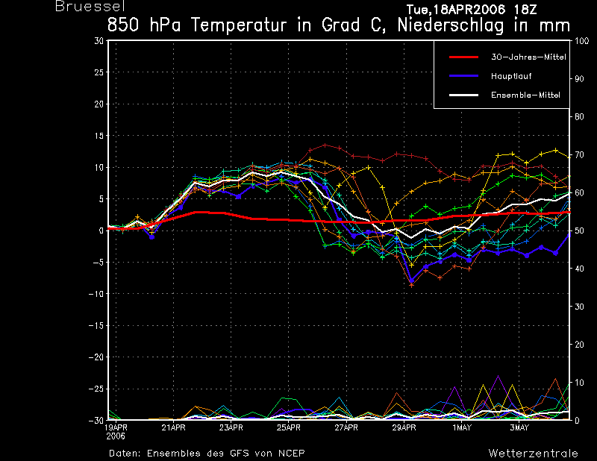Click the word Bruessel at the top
tap(90, 7)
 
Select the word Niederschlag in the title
tap(451, 25)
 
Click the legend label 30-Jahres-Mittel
tap(529, 57)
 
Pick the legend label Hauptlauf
tap(511, 76)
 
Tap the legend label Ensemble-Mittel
tap(526, 95)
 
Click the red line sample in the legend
tap(463, 57)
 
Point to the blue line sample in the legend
tap(463, 76)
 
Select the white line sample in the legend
tap(463, 95)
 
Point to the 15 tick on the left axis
tap(99, 136)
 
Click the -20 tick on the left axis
tap(96, 357)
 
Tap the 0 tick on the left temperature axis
tap(101, 230)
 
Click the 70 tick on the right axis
tap(579, 155)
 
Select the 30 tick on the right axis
tap(579, 307)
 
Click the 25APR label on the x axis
tap(289, 427)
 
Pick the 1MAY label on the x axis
tap(462, 427)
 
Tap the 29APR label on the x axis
tap(404, 427)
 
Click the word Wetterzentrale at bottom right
tap(534, 454)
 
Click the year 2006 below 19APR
tap(116, 436)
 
